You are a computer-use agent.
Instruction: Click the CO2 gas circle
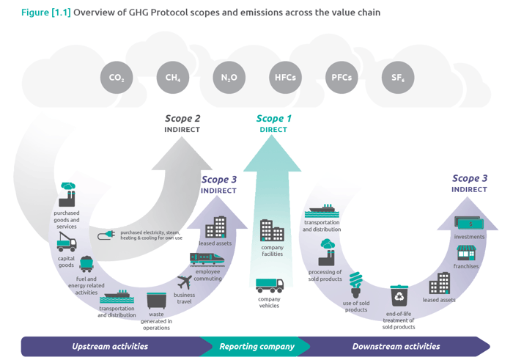(x=116, y=77)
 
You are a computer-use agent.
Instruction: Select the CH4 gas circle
(x=172, y=77)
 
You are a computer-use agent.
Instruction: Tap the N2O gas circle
(x=228, y=77)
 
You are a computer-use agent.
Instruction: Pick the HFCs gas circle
(x=285, y=77)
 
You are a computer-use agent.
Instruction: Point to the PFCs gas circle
(x=342, y=77)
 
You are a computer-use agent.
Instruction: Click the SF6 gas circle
(x=398, y=77)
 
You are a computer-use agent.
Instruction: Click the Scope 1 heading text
(x=273, y=118)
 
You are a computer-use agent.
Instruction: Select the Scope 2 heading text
(x=182, y=118)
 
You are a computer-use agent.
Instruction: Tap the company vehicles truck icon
(x=270, y=285)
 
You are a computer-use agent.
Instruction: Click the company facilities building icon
(x=272, y=231)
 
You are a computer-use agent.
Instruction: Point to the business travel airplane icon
(x=186, y=282)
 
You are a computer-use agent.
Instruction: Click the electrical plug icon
(x=106, y=235)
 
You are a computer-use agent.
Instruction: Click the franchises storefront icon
(x=468, y=253)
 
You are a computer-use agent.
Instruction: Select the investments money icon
(x=470, y=222)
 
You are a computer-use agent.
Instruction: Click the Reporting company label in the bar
(x=256, y=346)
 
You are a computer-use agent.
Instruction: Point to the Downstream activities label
(x=396, y=346)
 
